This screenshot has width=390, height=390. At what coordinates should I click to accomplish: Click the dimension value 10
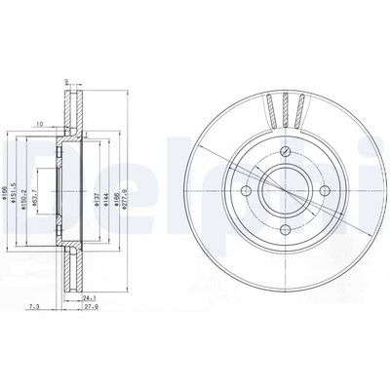[38, 124]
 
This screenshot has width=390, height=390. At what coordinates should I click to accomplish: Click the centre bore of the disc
[282, 191]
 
